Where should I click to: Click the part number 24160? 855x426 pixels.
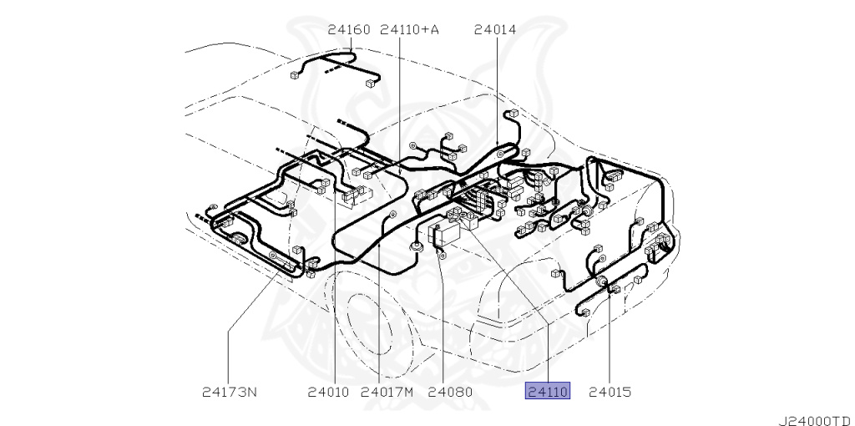(x=348, y=30)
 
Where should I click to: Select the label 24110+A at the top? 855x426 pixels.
(x=409, y=30)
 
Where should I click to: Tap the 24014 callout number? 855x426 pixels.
(x=495, y=30)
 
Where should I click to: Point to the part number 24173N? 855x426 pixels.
(x=230, y=391)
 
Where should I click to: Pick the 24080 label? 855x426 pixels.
(x=450, y=391)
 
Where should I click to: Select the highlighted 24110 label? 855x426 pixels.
(x=547, y=391)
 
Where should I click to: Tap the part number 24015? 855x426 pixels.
(x=610, y=391)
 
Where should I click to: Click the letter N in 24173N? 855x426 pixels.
(x=252, y=391)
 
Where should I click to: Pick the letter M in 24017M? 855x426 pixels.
(x=409, y=391)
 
